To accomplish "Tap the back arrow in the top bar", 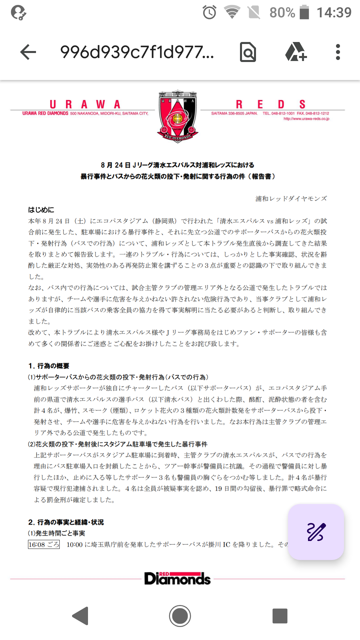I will pos(28,52).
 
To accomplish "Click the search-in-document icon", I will pos(248,52).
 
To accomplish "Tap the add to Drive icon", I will pos(296,52).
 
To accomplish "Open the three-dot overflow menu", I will pos(338,52).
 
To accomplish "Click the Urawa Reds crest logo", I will pos(178,116).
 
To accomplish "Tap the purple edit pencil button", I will pos(316,532).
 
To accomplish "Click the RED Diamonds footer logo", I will pos(177,579).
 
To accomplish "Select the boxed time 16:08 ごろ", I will pos(44,544).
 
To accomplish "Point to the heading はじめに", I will pos(41,210).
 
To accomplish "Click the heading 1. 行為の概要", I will pos(49,366).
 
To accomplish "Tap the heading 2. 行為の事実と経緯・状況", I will pos(66,522).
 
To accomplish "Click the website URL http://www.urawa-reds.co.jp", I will pos(306,119).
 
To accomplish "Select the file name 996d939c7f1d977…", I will pos(137,52).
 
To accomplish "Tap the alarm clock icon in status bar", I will pos(209,13).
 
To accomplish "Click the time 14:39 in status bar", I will pos(334,13).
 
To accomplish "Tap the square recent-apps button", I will pos(280,616).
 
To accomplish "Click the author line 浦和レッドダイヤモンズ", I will pos(291,199).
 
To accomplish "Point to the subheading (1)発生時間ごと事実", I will pos(56,533).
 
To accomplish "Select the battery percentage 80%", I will pos(282,13).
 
